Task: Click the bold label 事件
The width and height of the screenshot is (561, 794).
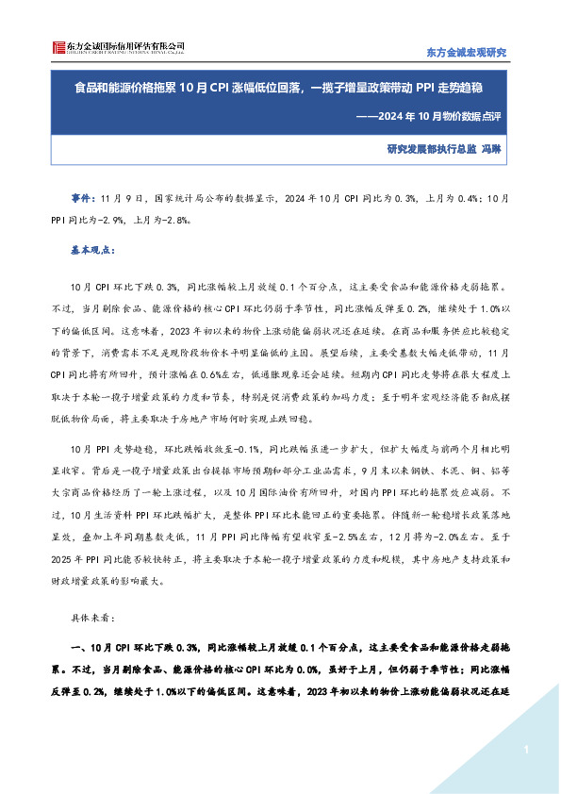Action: (x=82, y=200)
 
